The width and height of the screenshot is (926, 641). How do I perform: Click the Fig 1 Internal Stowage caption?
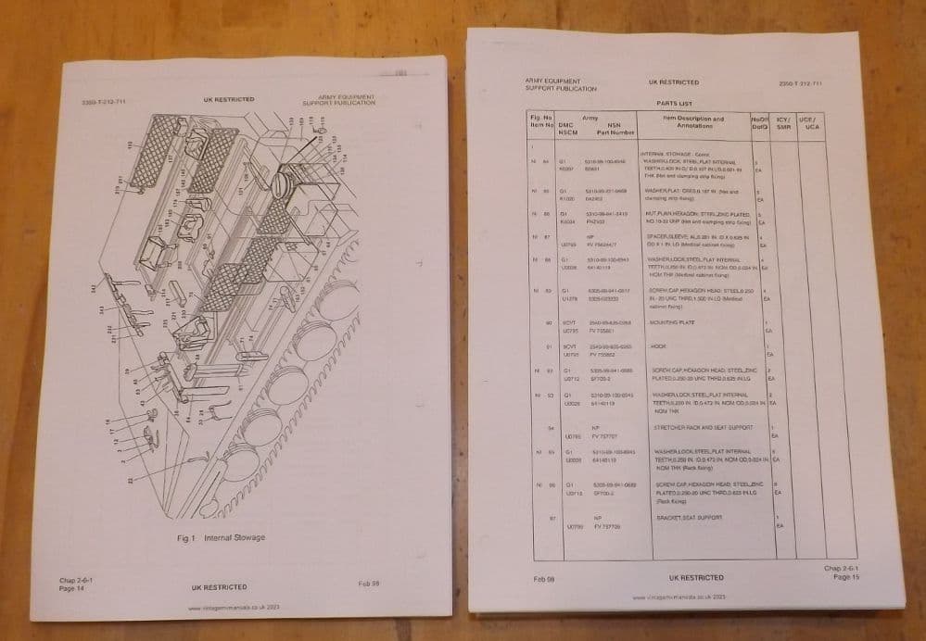coord(221,537)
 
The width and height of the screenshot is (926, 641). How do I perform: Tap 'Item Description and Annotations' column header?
coord(694,122)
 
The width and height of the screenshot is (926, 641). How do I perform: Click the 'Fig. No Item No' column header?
coord(541,122)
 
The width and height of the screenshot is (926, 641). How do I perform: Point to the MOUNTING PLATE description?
coord(674,326)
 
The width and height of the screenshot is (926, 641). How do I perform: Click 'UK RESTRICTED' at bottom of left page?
coord(219,587)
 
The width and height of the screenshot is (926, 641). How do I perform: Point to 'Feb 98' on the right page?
coord(545,578)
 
